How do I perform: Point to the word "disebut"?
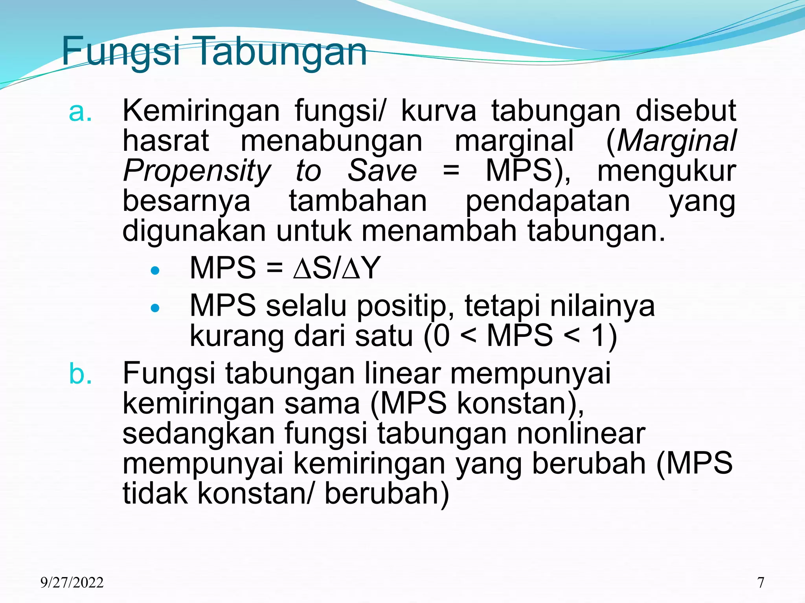point(686,111)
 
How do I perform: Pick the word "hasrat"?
point(166,141)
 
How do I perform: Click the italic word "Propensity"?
point(197,171)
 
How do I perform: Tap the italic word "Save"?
point(382,171)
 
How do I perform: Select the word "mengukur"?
point(667,171)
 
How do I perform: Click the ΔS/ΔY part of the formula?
point(337,268)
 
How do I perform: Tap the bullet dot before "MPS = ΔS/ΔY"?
point(156,270)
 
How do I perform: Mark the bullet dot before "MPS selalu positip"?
point(156,308)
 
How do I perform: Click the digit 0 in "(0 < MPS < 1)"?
point(441,336)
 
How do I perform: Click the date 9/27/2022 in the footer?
point(72,582)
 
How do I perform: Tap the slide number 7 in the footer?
point(761,582)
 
